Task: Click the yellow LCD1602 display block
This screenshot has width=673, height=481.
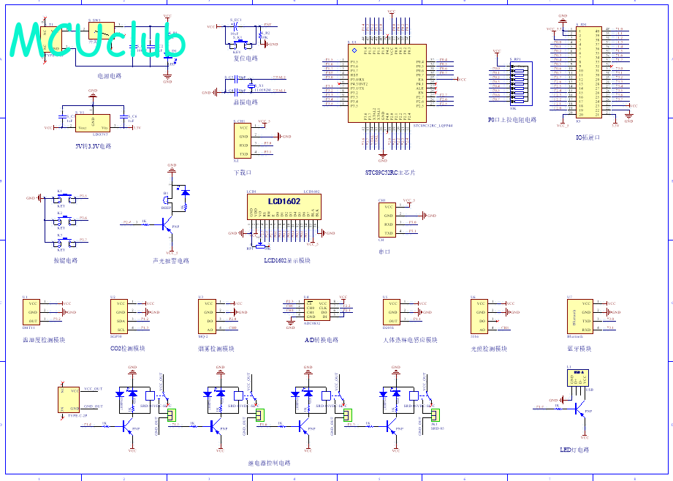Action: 284,201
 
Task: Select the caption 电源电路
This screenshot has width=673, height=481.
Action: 110,75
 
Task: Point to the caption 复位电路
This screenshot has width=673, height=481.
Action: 240,58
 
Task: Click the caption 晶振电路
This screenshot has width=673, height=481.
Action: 240,102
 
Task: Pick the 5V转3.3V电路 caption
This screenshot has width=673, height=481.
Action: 94,146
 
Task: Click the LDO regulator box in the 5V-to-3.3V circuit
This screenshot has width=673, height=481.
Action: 92,124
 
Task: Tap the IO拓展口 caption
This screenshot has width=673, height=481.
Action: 588,137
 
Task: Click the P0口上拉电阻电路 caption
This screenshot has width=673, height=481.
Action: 512,120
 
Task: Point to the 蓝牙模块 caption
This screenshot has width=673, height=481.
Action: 579,349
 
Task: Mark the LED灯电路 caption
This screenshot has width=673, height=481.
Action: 574,450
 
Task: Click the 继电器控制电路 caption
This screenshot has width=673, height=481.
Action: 269,463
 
